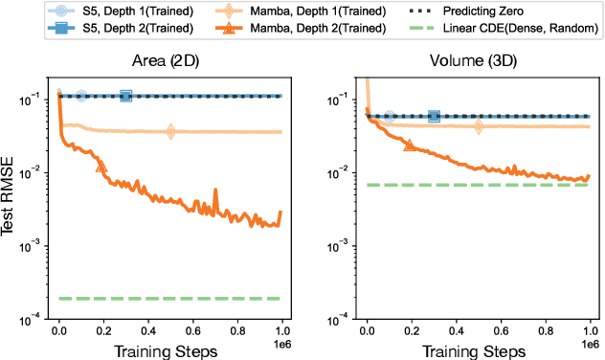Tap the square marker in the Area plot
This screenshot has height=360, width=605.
[x=125, y=96]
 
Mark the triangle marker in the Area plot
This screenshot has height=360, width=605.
[x=102, y=167]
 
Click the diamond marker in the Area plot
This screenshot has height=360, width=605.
[x=170, y=131]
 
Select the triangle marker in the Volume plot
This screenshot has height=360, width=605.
[x=411, y=145]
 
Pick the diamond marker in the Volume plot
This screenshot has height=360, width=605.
[x=479, y=126]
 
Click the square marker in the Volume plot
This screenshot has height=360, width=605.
[x=434, y=117]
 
